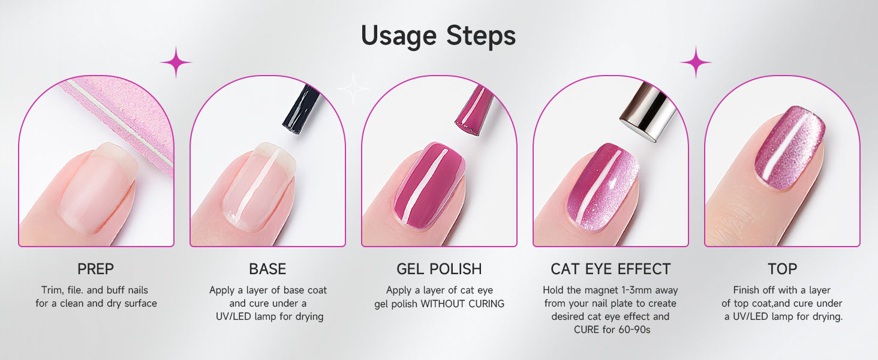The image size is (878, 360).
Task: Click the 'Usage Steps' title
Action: point(438,36)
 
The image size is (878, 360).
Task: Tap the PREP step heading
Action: point(95,269)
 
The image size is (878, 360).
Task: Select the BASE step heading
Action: point(267,269)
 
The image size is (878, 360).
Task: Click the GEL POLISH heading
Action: point(439,269)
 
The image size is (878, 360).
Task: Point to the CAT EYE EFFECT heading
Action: point(611,269)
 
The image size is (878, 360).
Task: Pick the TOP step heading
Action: point(783,269)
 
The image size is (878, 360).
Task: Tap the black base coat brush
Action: point(300,109)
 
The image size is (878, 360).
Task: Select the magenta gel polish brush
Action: point(474,110)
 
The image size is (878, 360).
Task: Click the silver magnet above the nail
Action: point(648,112)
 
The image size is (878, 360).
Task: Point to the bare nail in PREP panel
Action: point(98,188)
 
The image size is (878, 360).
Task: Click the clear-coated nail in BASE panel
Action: point(258,186)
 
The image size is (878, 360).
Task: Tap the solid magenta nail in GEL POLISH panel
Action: point(429,185)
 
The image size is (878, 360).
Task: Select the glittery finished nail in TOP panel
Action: point(790,148)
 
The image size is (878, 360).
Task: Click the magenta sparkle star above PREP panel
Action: point(176,62)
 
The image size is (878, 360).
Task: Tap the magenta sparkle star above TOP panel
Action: point(696,62)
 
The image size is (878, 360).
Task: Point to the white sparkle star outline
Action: point(353,89)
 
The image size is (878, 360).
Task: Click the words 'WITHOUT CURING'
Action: point(462,304)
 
